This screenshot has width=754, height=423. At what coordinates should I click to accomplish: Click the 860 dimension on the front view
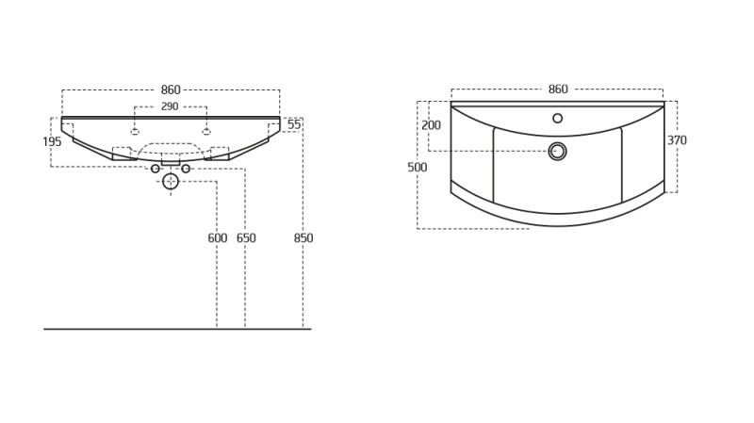point(170,89)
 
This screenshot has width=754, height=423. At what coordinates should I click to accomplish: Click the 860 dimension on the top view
point(558,89)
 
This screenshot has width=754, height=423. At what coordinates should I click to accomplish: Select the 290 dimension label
point(170,106)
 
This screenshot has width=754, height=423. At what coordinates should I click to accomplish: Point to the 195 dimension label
point(52,141)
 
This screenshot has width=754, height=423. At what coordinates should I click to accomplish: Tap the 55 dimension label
point(294,124)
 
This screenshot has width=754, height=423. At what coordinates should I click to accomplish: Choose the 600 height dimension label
point(217,238)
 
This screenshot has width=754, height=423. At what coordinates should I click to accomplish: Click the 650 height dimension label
point(245,238)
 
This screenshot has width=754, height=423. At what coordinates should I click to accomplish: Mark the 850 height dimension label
point(303,238)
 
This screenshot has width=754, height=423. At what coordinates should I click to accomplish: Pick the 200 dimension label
point(431,125)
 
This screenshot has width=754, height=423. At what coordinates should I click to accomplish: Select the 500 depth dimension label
point(417,168)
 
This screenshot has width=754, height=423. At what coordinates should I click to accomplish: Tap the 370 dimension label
point(677,140)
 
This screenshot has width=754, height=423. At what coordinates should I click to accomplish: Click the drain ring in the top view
point(558,151)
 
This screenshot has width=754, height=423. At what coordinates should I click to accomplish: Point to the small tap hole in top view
point(558,118)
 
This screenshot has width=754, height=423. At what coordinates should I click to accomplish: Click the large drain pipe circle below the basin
point(171,181)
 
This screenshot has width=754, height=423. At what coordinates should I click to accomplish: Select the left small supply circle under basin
point(156,169)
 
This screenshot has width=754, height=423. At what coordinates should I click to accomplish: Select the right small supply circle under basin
point(186,169)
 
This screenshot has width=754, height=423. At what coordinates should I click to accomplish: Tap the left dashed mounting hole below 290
point(135,131)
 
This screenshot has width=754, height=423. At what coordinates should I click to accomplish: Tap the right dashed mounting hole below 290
point(206,131)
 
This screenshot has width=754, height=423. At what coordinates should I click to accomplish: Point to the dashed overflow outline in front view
point(171,150)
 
